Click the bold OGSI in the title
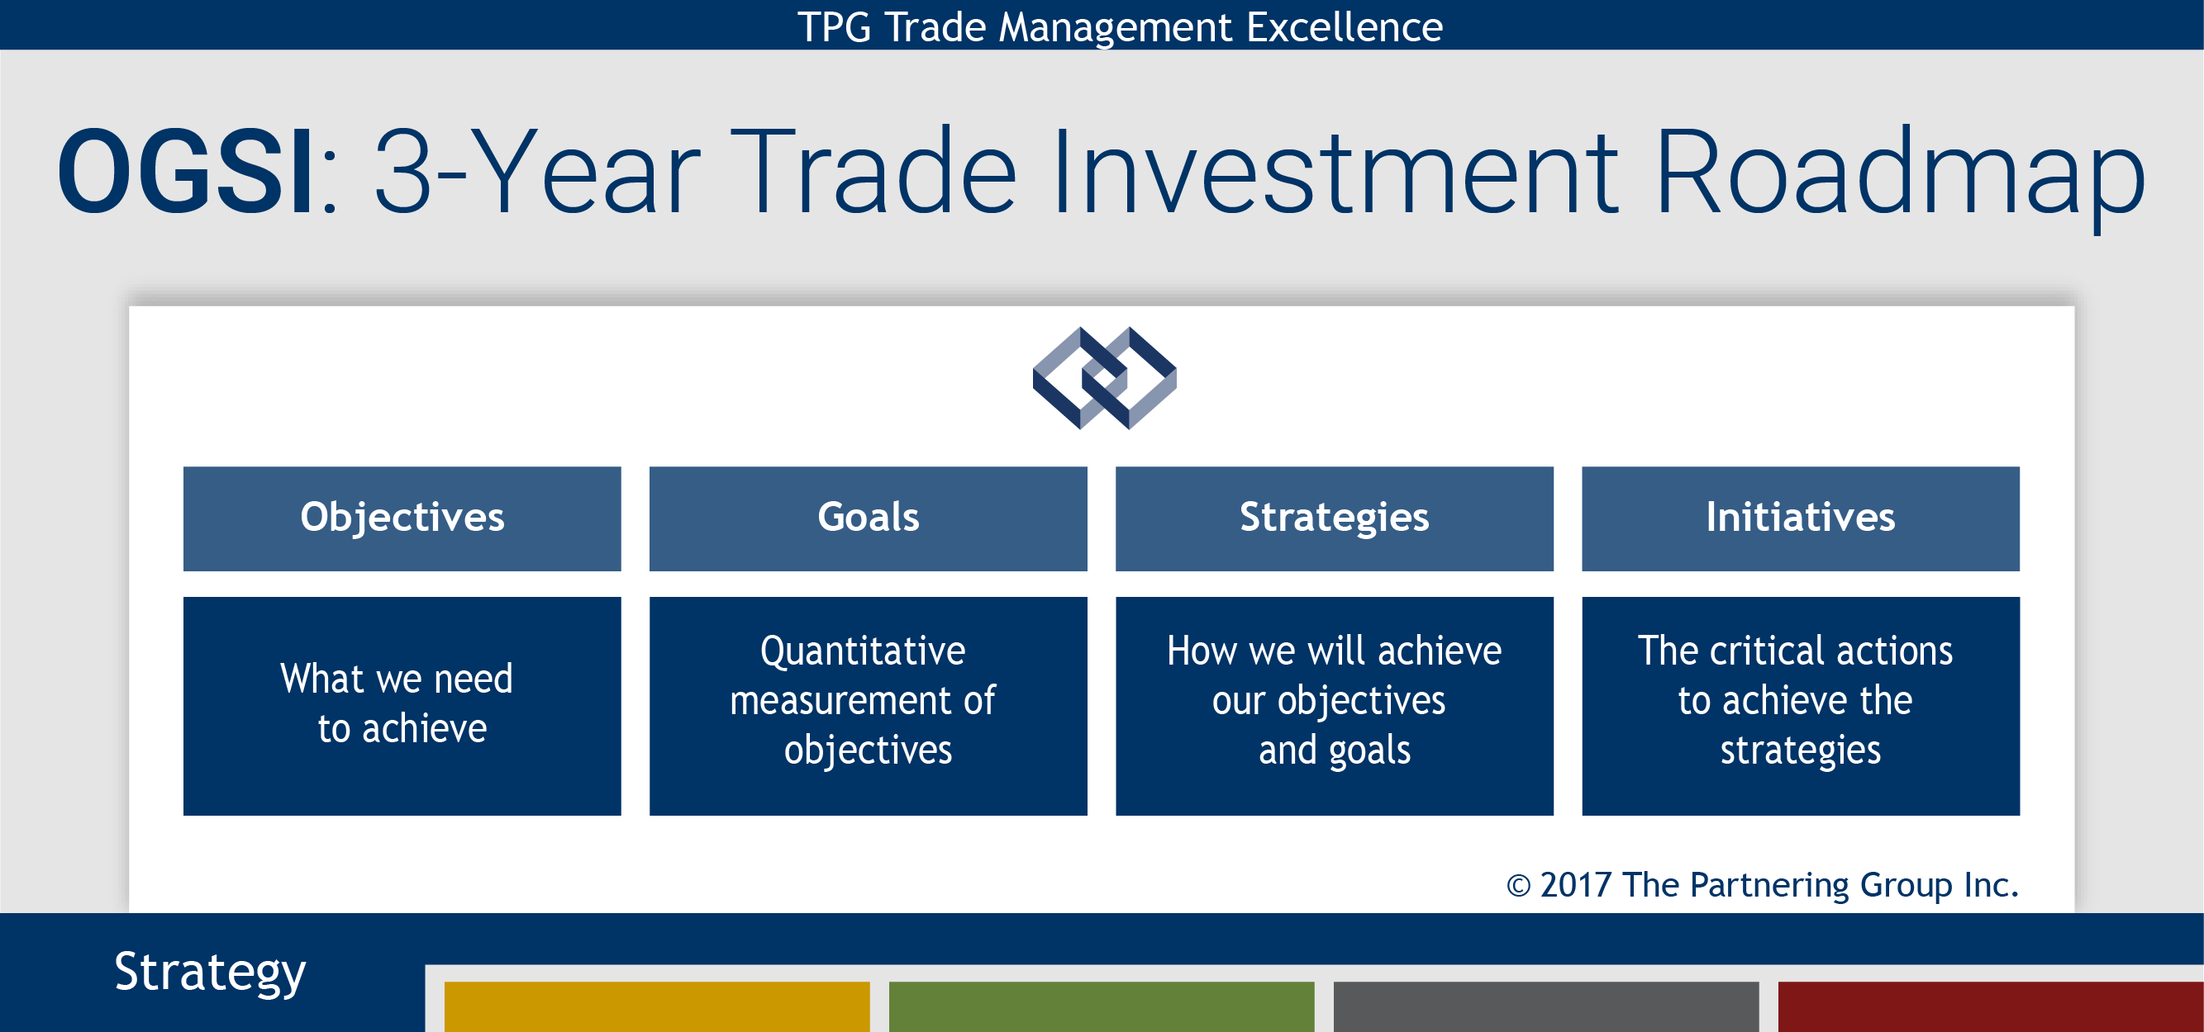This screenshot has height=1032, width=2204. [185, 171]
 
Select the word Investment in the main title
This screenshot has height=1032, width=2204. [1335, 171]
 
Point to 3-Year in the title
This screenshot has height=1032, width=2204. [537, 171]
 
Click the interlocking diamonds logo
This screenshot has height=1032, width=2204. [1104, 378]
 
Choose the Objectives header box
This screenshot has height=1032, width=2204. [402, 518]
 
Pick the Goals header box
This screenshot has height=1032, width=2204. [869, 518]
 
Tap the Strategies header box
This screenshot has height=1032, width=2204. [1335, 518]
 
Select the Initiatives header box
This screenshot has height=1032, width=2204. [1801, 518]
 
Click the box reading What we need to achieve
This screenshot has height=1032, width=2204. [402, 706]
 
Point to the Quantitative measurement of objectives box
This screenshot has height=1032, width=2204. [869, 706]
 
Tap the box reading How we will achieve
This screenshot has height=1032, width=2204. [1335, 706]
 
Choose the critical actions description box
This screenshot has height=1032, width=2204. [1801, 706]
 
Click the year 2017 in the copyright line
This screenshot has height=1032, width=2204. [1575, 885]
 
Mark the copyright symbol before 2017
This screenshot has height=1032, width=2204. [1518, 886]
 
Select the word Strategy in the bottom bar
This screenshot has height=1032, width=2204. [210, 973]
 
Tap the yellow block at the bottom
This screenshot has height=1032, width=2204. [657, 1006]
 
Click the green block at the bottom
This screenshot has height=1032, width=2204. [1101, 1006]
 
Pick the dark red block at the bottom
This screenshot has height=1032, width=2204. [1991, 1006]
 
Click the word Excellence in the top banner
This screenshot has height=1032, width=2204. [1344, 26]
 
